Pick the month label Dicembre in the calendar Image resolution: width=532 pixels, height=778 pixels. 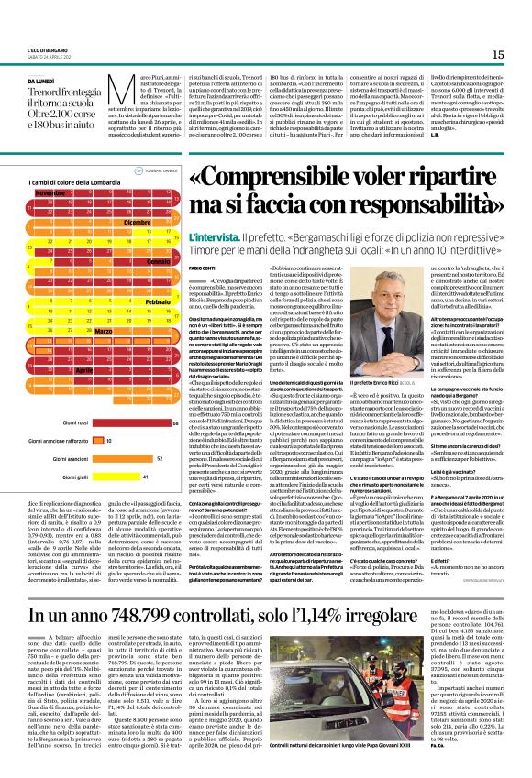click(x=137, y=222)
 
